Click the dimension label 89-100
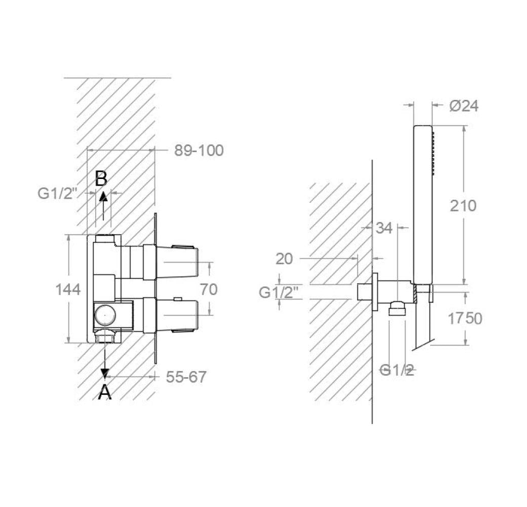(x=199, y=151)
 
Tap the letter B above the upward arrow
(x=101, y=178)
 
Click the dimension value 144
(x=68, y=289)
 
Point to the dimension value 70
(x=208, y=289)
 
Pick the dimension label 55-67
(x=186, y=377)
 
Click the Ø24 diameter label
(x=464, y=106)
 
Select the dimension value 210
(x=464, y=206)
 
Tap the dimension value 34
(x=384, y=229)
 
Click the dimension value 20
(x=284, y=259)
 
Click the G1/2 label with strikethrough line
(x=397, y=371)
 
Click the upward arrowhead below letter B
(x=103, y=197)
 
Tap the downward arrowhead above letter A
(x=104, y=373)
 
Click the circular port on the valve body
(x=104, y=316)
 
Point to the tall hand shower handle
(x=422, y=203)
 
